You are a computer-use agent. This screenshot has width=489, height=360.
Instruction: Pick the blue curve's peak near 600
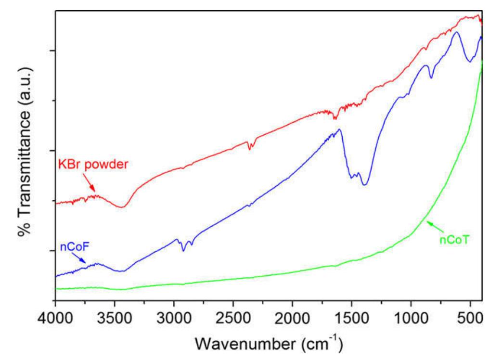(456, 32)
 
